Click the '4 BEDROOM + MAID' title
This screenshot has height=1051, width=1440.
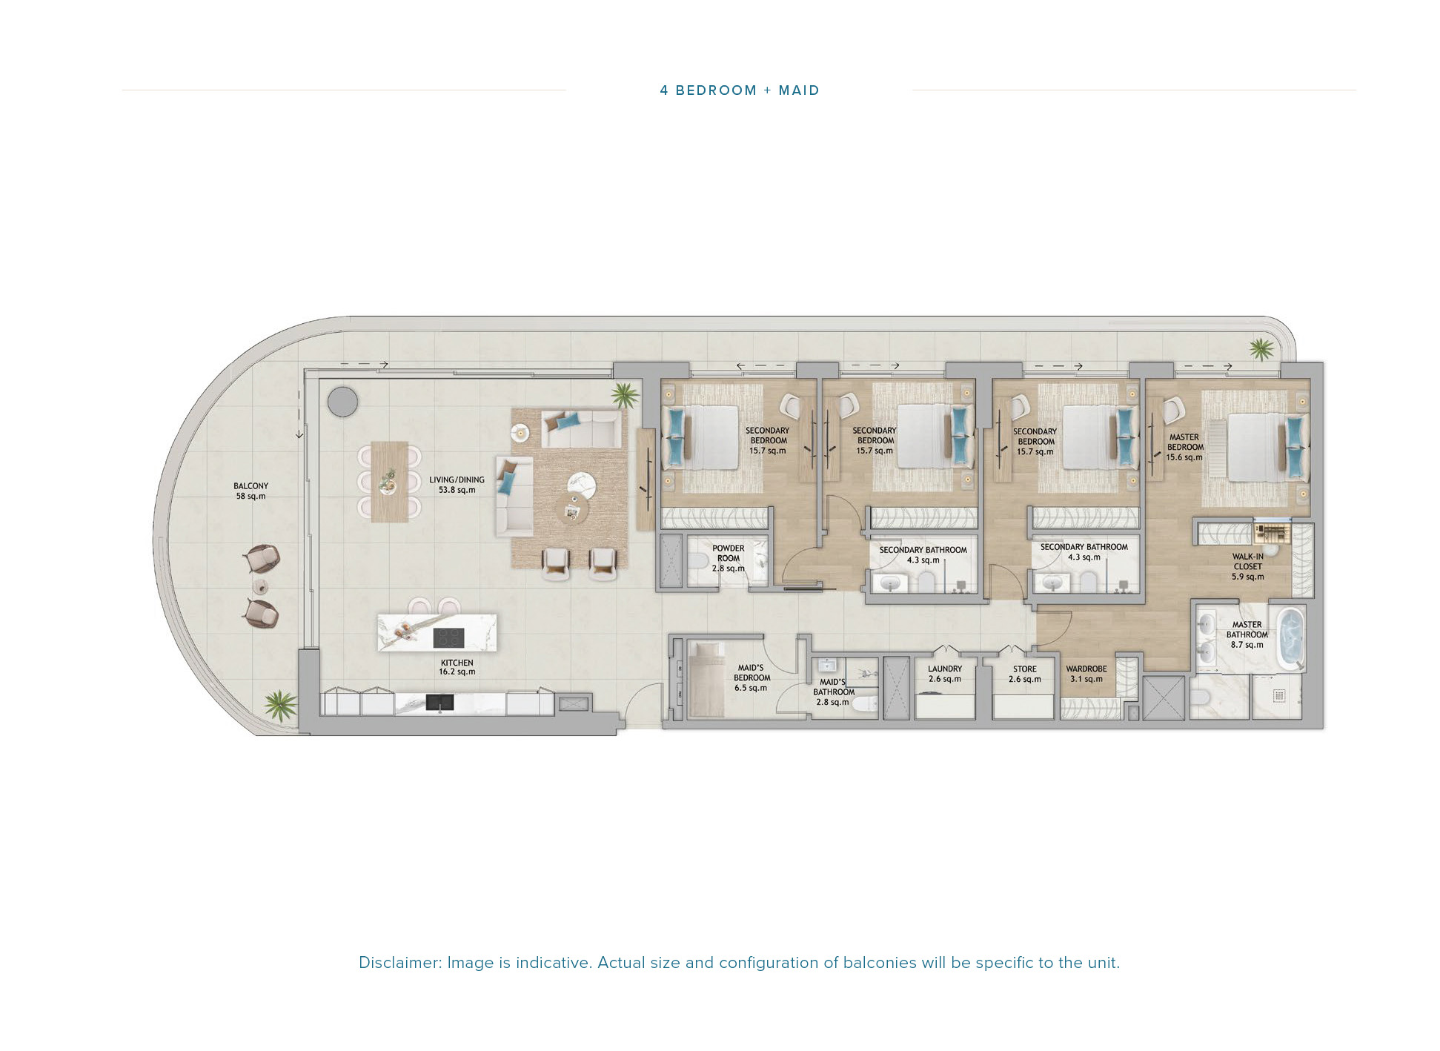(739, 90)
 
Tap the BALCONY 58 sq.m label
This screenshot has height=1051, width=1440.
(250, 491)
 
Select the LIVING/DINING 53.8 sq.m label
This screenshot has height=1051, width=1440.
(457, 485)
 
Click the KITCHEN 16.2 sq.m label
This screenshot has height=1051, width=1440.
(457, 667)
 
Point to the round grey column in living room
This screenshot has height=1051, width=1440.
(342, 402)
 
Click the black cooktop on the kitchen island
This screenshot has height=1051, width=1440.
(448, 637)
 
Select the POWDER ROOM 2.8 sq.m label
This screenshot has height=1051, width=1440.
(728, 558)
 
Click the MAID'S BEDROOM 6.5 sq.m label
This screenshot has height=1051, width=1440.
(751, 677)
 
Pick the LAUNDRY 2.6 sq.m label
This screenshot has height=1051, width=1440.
(944, 674)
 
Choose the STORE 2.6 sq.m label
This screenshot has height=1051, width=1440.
(1024, 674)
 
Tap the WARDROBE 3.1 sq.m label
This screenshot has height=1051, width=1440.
(1086, 674)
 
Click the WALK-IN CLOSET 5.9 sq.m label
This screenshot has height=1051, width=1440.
(1248, 566)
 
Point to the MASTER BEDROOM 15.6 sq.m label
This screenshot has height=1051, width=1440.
(1184, 447)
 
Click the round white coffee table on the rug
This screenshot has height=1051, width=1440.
(582, 486)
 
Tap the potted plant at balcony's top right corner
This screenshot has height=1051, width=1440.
(1261, 348)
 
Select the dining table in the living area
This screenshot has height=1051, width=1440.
(389, 482)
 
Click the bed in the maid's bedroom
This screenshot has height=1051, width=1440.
(706, 680)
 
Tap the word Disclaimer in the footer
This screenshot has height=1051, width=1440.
(399, 963)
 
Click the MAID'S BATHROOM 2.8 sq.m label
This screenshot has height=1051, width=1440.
(833, 692)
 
